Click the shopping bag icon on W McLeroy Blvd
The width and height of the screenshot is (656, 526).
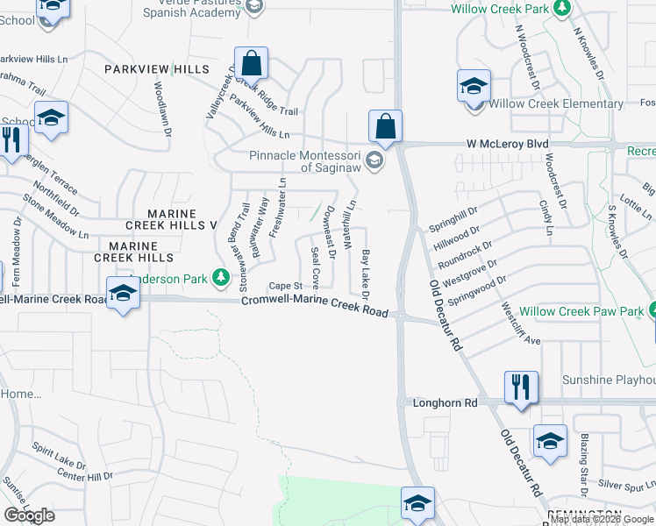click(x=385, y=126)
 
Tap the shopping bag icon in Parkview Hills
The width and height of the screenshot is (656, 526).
click(x=251, y=63)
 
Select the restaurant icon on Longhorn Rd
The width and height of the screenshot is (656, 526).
click(x=521, y=387)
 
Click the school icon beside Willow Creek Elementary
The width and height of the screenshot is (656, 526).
click(x=473, y=88)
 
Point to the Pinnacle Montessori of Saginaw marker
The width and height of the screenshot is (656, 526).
click(x=374, y=160)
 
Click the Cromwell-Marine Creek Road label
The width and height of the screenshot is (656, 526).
click(x=315, y=303)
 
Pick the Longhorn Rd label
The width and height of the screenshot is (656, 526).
click(x=446, y=402)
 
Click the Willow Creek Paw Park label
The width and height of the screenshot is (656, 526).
click(x=581, y=311)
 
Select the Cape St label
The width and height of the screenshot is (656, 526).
click(x=285, y=286)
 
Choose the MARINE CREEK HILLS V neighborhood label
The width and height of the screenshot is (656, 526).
click(x=182, y=219)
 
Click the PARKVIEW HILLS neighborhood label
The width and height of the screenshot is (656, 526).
click(x=157, y=69)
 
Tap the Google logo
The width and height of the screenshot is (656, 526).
click(x=29, y=515)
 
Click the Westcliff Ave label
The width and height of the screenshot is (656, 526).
click(x=519, y=324)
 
